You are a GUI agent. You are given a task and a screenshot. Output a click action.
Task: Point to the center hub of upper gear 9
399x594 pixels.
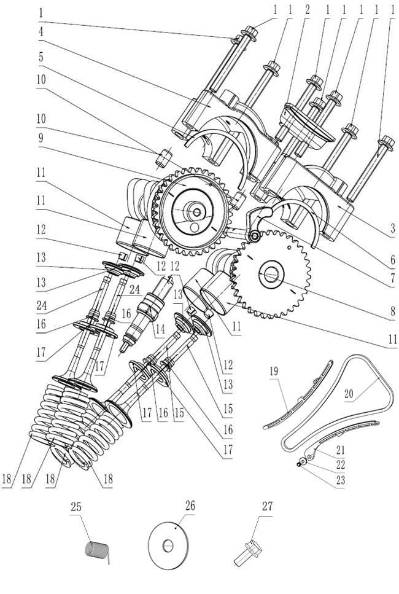pos(196,213)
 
